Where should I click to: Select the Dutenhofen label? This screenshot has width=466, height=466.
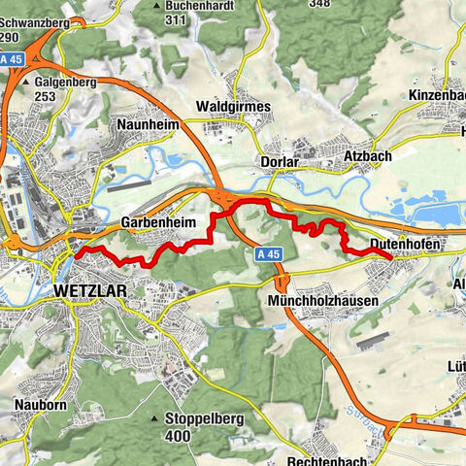405,246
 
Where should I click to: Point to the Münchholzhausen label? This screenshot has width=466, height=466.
321,301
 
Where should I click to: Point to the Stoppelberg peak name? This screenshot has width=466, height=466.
201,419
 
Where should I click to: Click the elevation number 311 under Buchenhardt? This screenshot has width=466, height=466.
176,19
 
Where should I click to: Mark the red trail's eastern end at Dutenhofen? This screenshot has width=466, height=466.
390,257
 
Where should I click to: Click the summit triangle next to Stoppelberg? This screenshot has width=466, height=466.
155,419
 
